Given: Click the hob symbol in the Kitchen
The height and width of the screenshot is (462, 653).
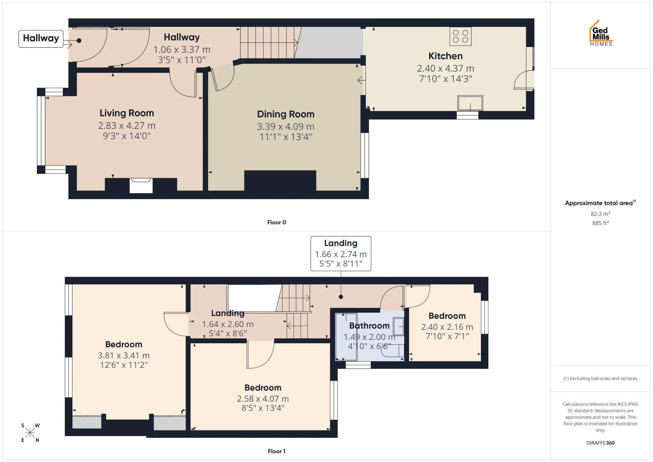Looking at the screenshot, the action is (x=461, y=36).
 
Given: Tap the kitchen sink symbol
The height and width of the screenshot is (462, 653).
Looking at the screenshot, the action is (x=470, y=103).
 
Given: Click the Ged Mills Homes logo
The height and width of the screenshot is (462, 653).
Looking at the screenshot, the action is (x=601, y=33).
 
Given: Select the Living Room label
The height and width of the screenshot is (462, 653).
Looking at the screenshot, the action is (x=127, y=113).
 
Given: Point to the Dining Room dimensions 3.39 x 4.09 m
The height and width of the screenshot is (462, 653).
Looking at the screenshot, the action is (x=286, y=127).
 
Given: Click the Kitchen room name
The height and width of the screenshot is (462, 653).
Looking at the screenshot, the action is (x=446, y=56).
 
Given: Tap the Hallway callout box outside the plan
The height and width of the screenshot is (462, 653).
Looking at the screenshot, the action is (x=41, y=39).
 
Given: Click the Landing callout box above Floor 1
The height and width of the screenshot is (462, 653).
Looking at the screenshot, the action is (x=341, y=253).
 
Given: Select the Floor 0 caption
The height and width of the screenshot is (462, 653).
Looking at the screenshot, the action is (x=277, y=222).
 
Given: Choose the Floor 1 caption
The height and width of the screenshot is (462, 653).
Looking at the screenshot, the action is (x=277, y=451).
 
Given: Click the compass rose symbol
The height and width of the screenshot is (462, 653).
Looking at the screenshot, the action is (x=30, y=433).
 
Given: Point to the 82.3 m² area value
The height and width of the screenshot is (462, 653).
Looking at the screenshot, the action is (x=600, y=214).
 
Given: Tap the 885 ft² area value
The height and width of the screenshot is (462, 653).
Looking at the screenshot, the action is (x=600, y=223).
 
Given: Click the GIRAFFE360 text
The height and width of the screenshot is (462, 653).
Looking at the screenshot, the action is (x=600, y=443).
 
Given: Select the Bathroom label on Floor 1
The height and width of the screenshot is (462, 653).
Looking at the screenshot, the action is (x=369, y=326).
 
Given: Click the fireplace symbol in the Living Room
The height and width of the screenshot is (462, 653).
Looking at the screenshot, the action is (x=141, y=185).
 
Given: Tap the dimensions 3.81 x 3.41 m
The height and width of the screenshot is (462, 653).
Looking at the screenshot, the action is (x=124, y=356).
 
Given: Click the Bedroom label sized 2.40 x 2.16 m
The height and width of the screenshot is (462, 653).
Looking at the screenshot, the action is (x=447, y=316).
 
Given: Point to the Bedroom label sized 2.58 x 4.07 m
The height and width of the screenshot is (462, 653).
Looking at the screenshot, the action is (x=263, y=387).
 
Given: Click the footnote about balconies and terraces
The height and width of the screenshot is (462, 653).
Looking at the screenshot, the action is (x=600, y=378).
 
